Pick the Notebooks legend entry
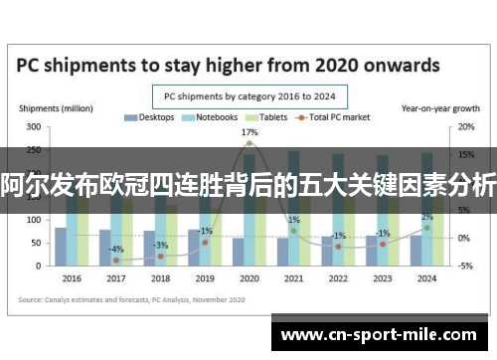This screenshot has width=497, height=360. [x=211, y=117]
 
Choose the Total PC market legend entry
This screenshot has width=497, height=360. [x=332, y=117]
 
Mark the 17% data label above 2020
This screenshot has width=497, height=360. [x=249, y=132]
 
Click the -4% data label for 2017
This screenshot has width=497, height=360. [x=117, y=249]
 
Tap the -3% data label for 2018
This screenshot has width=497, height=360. [x=161, y=245]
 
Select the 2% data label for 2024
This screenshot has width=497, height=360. [x=426, y=217]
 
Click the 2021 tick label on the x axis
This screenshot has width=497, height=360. [x=293, y=278]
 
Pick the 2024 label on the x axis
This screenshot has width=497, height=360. [x=426, y=278]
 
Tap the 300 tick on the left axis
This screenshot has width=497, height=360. [x=34, y=127]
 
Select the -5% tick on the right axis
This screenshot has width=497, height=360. [x=464, y=266]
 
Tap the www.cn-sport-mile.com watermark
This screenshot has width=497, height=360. [x=383, y=336]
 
